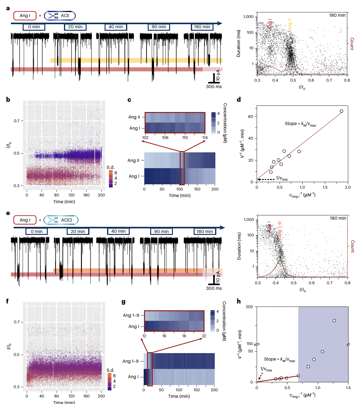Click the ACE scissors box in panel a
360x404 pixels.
pos(60,16)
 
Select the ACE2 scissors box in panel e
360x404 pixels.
pos(61,220)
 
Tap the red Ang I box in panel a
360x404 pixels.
pos(25,16)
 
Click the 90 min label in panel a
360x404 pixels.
pos(159,27)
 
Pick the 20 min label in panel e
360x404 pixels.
pos(78,231)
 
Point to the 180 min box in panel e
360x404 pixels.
pos(205,231)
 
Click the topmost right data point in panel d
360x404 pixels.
pos(341,111)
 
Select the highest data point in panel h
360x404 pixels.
pos(334,321)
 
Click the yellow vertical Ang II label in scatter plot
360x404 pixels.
pos(290,24)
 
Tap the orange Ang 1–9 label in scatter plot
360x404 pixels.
pos(280,230)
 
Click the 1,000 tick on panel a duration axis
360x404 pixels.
pos(248,17)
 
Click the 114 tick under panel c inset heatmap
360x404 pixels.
pos(205,138)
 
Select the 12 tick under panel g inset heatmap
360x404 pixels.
pos(144,336)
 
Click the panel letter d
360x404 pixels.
pos(239,100)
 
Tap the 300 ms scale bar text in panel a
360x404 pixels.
pos(214,87)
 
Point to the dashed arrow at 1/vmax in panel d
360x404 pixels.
pos(266,179)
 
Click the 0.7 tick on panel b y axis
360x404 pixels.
pos(17,121)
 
